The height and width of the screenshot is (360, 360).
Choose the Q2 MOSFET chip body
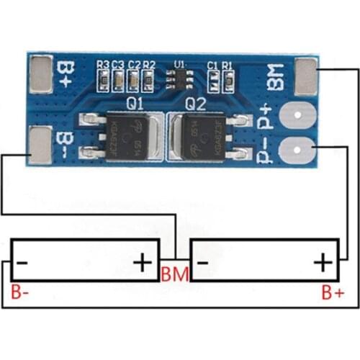click(199, 135)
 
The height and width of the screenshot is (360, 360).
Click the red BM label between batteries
click(175, 274)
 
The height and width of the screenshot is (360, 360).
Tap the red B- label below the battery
click(21, 293)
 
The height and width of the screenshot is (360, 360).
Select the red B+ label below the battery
click(332, 292)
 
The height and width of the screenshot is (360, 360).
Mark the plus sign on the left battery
click(143, 262)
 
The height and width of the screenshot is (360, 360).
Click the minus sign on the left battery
click(22, 262)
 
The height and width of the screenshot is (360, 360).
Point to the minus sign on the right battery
click(202, 262)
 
